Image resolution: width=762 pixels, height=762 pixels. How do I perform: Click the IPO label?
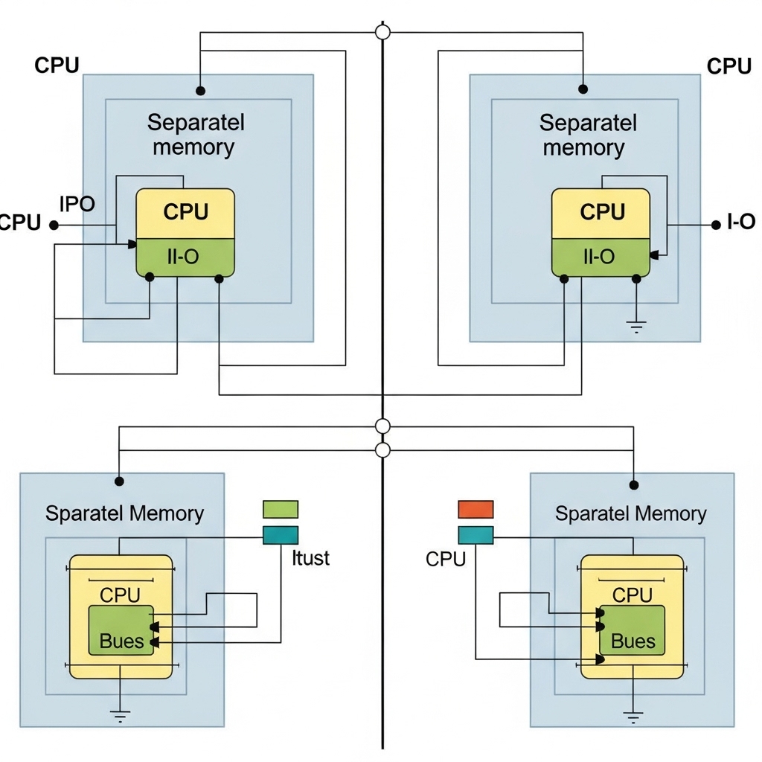(77, 204)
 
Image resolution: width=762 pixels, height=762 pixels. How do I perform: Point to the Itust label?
(311, 557)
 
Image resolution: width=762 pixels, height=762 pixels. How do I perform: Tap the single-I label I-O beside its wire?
(740, 222)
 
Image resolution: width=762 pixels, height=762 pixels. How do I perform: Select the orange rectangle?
(476, 509)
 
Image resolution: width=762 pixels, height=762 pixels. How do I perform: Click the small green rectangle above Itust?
(281, 509)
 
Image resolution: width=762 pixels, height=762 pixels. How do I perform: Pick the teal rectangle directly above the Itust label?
(281, 535)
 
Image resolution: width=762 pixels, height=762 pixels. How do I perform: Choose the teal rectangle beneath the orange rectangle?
(476, 535)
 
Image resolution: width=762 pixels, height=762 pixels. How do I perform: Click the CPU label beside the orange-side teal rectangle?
(446, 559)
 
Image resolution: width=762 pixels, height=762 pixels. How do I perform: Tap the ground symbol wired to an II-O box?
(636, 325)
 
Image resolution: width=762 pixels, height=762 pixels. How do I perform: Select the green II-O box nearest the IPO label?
(185, 257)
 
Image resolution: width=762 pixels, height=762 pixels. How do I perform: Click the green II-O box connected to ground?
(601, 257)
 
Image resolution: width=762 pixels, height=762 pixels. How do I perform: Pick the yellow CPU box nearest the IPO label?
(185, 213)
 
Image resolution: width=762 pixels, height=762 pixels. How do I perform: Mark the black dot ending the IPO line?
(54, 224)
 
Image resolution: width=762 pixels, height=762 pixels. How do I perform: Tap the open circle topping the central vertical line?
(382, 32)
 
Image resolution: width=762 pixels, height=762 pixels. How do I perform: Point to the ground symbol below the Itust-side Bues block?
(120, 717)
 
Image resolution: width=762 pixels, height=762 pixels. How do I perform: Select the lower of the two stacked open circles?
(382, 449)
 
